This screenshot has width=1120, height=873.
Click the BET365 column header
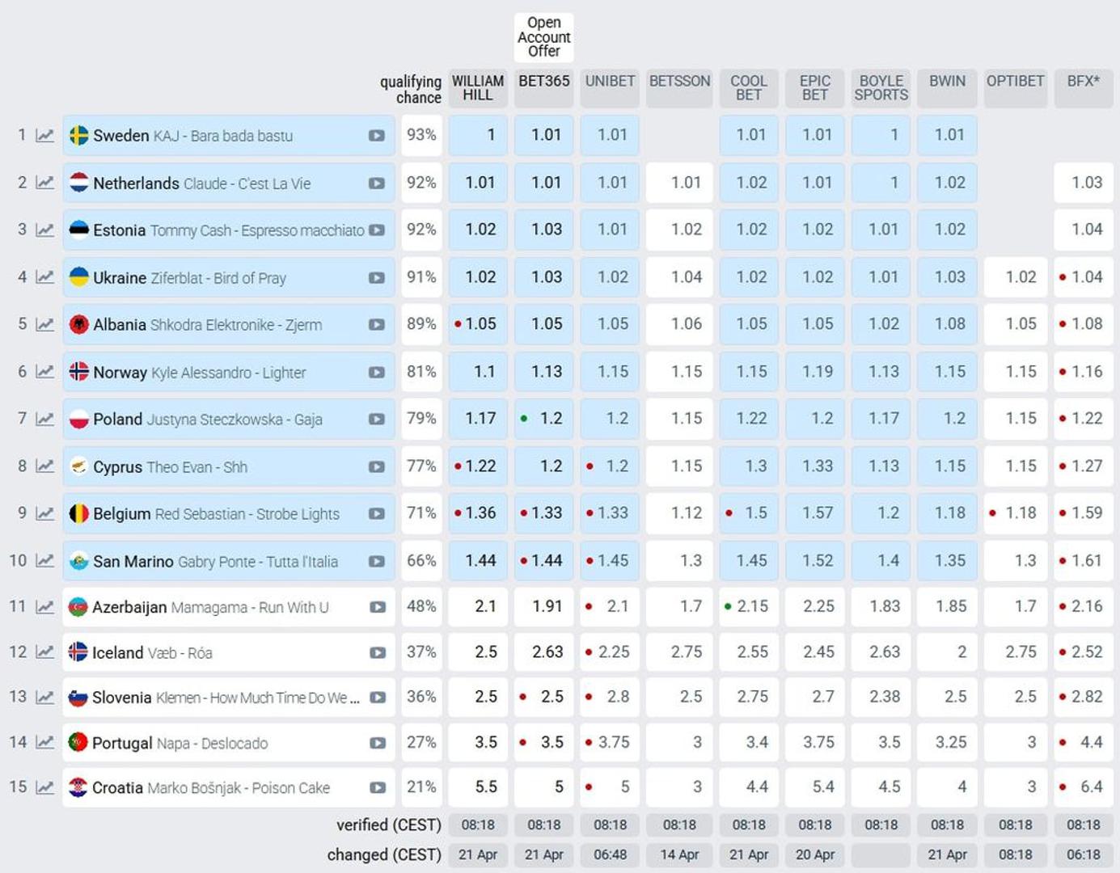[x=543, y=82]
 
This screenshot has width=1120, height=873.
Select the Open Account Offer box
[x=543, y=37]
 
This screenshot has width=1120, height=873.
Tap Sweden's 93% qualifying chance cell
[x=421, y=135]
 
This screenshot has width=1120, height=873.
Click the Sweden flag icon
[x=79, y=135]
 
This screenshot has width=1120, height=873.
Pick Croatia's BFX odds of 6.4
[x=1084, y=787]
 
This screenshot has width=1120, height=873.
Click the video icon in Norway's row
[x=376, y=373]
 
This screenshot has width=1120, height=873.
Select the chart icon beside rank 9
[x=45, y=514]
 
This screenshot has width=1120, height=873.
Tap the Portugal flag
[x=78, y=742]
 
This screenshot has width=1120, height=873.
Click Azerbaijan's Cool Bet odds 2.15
[x=749, y=606]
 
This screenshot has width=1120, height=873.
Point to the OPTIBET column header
[x=1015, y=82]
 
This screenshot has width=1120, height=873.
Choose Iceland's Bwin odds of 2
[x=948, y=652]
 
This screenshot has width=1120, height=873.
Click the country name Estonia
[x=119, y=230]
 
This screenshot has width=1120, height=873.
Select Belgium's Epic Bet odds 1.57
[x=815, y=513]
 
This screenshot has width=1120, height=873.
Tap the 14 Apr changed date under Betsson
[x=679, y=854]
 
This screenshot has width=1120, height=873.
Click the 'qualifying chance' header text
[x=411, y=89]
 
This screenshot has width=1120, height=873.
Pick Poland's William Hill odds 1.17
[x=479, y=419]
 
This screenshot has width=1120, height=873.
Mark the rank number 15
[x=18, y=787]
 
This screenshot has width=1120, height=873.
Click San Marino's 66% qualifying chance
[x=421, y=560]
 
